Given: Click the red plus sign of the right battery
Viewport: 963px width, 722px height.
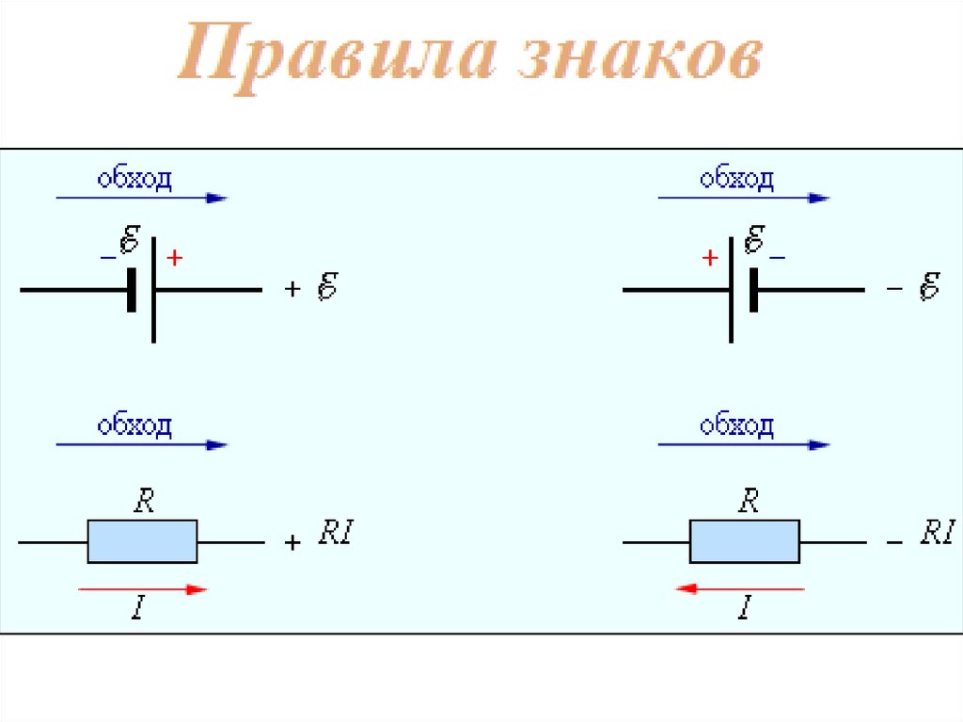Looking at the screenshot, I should (x=710, y=258).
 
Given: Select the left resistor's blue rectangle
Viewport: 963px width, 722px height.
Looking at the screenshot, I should (x=142, y=541).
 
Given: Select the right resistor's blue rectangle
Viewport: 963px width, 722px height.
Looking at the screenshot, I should (x=744, y=541).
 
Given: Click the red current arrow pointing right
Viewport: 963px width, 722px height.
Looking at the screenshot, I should (x=142, y=589).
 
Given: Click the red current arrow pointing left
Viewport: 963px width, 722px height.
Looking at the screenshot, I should (x=741, y=589).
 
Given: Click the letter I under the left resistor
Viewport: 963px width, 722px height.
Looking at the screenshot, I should (x=138, y=610).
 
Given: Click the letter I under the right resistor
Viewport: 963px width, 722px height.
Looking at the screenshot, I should (x=743, y=610).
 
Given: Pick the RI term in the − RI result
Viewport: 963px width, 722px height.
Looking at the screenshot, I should (x=938, y=534).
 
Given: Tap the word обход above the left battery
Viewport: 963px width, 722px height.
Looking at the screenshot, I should (x=134, y=179).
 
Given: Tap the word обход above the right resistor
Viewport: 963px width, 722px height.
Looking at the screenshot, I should (x=736, y=425).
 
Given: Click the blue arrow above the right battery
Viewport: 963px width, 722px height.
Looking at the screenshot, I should (x=743, y=199).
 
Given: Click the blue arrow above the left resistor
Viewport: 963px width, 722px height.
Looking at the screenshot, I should (x=142, y=444).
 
